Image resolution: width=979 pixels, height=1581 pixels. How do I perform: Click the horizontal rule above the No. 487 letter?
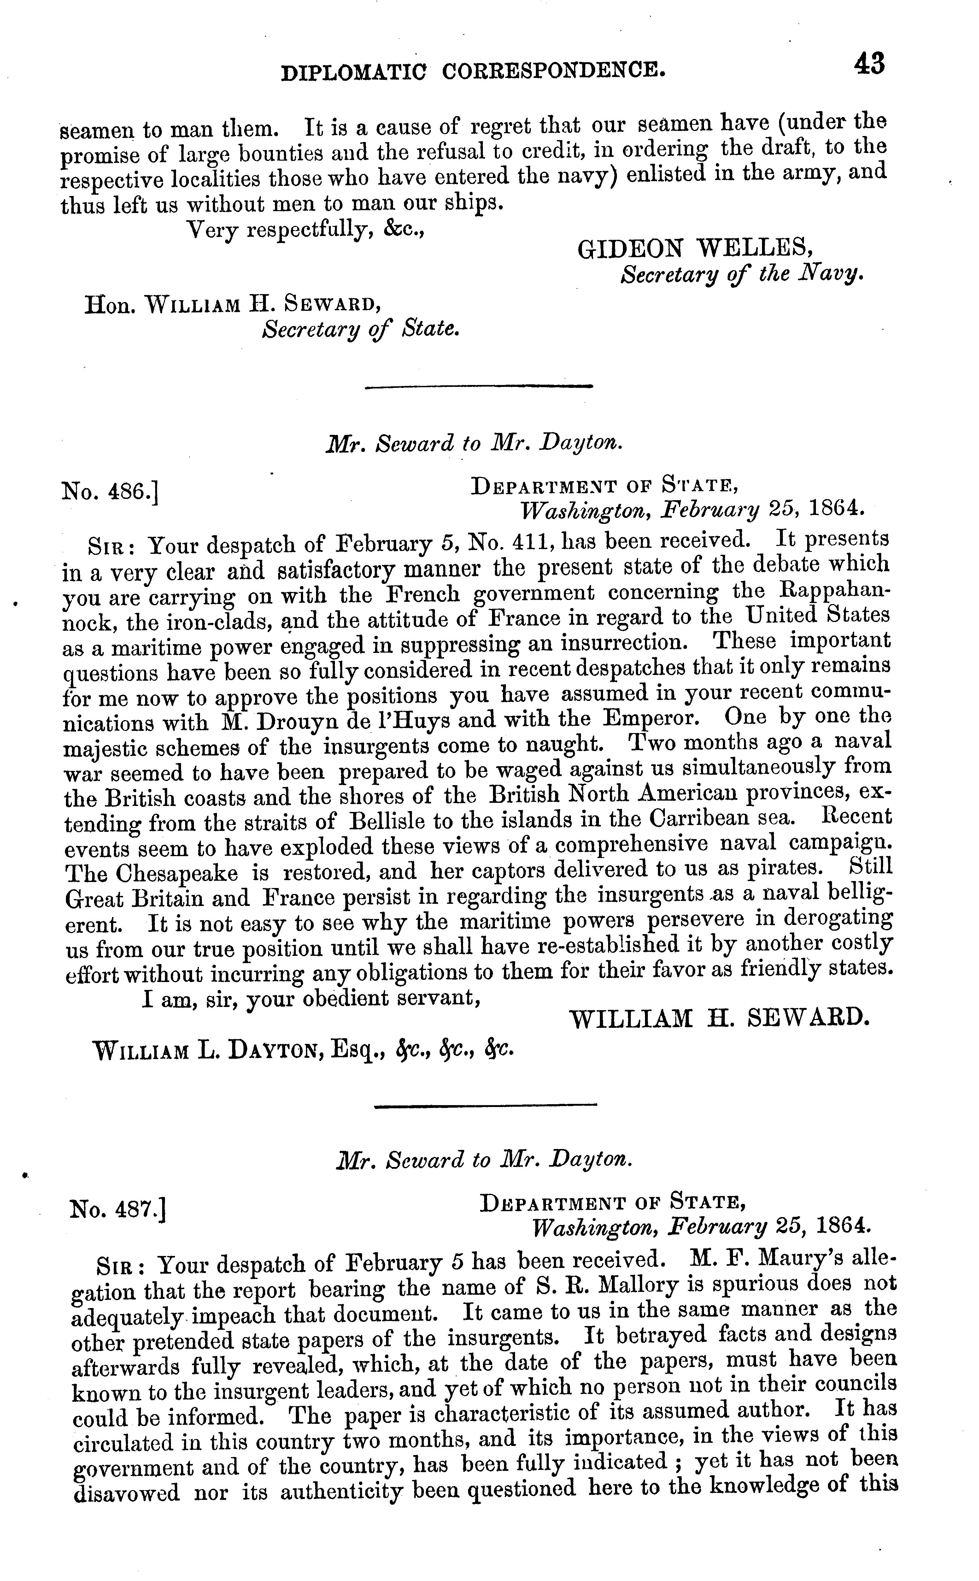click(486, 1104)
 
